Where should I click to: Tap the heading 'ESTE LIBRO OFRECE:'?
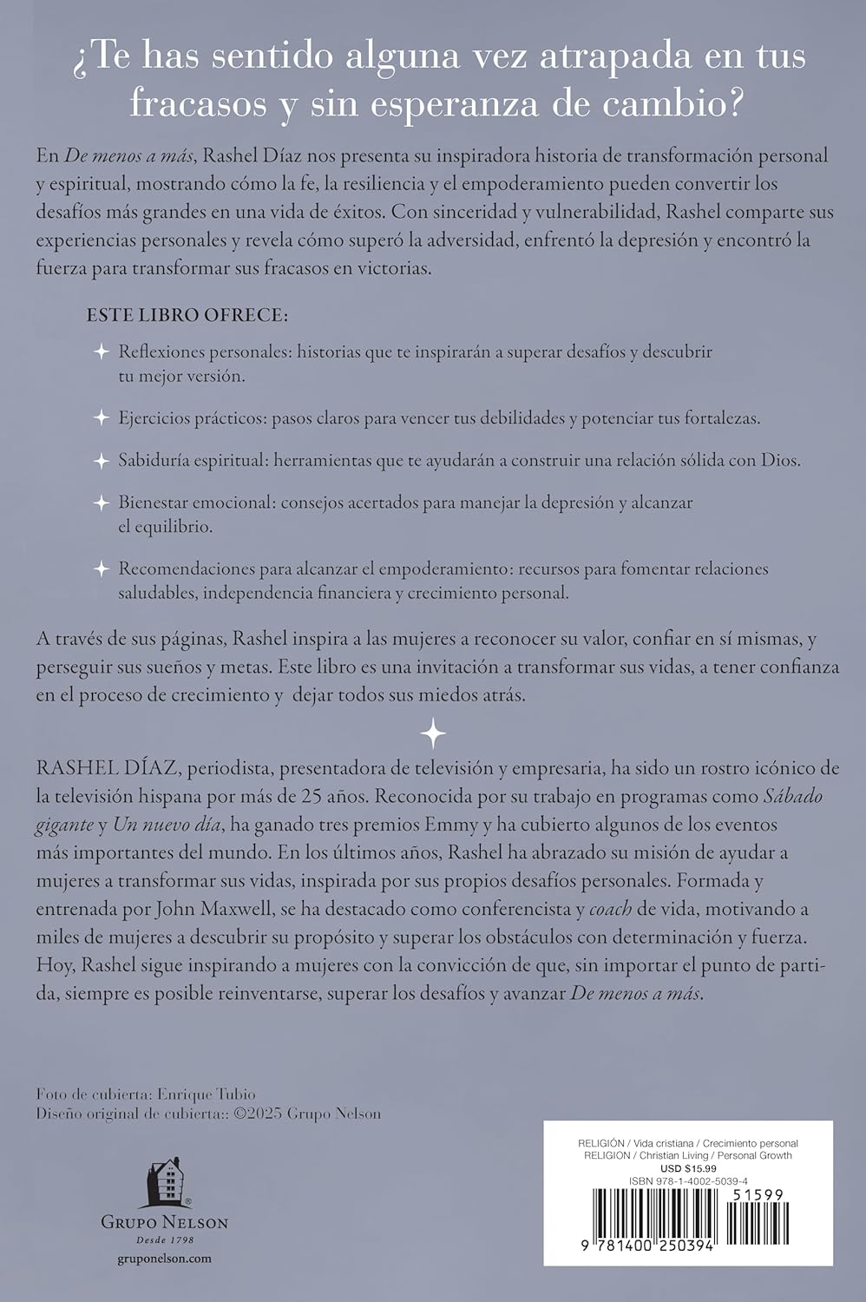click(187, 315)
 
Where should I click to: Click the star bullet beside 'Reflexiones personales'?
click(102, 352)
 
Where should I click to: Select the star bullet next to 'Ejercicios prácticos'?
click(102, 418)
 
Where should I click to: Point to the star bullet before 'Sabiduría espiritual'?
click(102, 460)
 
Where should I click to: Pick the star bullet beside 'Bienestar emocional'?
click(102, 503)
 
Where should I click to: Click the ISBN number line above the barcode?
click(687, 1180)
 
